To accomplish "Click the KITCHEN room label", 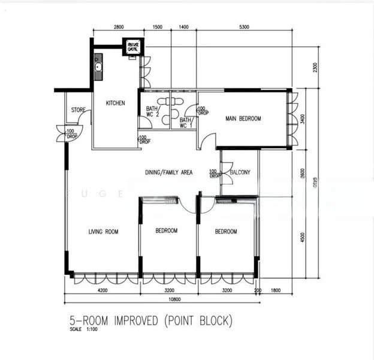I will pyautogui.click(x=116, y=103).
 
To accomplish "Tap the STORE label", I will pyautogui.click(x=78, y=110).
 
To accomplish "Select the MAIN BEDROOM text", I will pyautogui.click(x=243, y=119).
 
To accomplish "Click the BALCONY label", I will pyautogui.click(x=240, y=173).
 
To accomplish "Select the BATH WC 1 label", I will pyautogui.click(x=186, y=122).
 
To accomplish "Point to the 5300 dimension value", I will pyautogui.click(x=244, y=28).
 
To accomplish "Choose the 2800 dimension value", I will pyautogui.click(x=118, y=28).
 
